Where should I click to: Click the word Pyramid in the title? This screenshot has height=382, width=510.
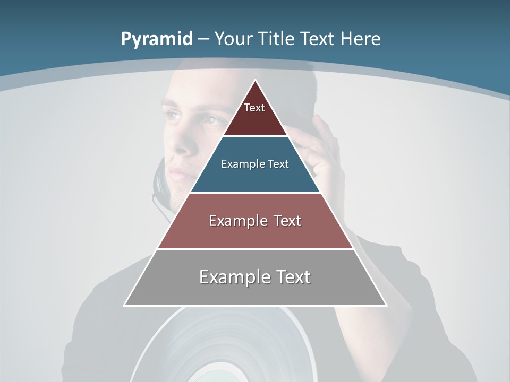157,39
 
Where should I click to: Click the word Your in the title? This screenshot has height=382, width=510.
234,39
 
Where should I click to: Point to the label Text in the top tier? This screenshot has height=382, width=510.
254,108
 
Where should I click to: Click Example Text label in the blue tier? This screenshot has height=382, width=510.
255,164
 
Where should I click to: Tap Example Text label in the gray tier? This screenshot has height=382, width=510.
255,277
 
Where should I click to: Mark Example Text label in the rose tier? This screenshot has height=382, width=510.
255,221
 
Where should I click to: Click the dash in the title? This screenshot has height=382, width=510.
203,39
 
